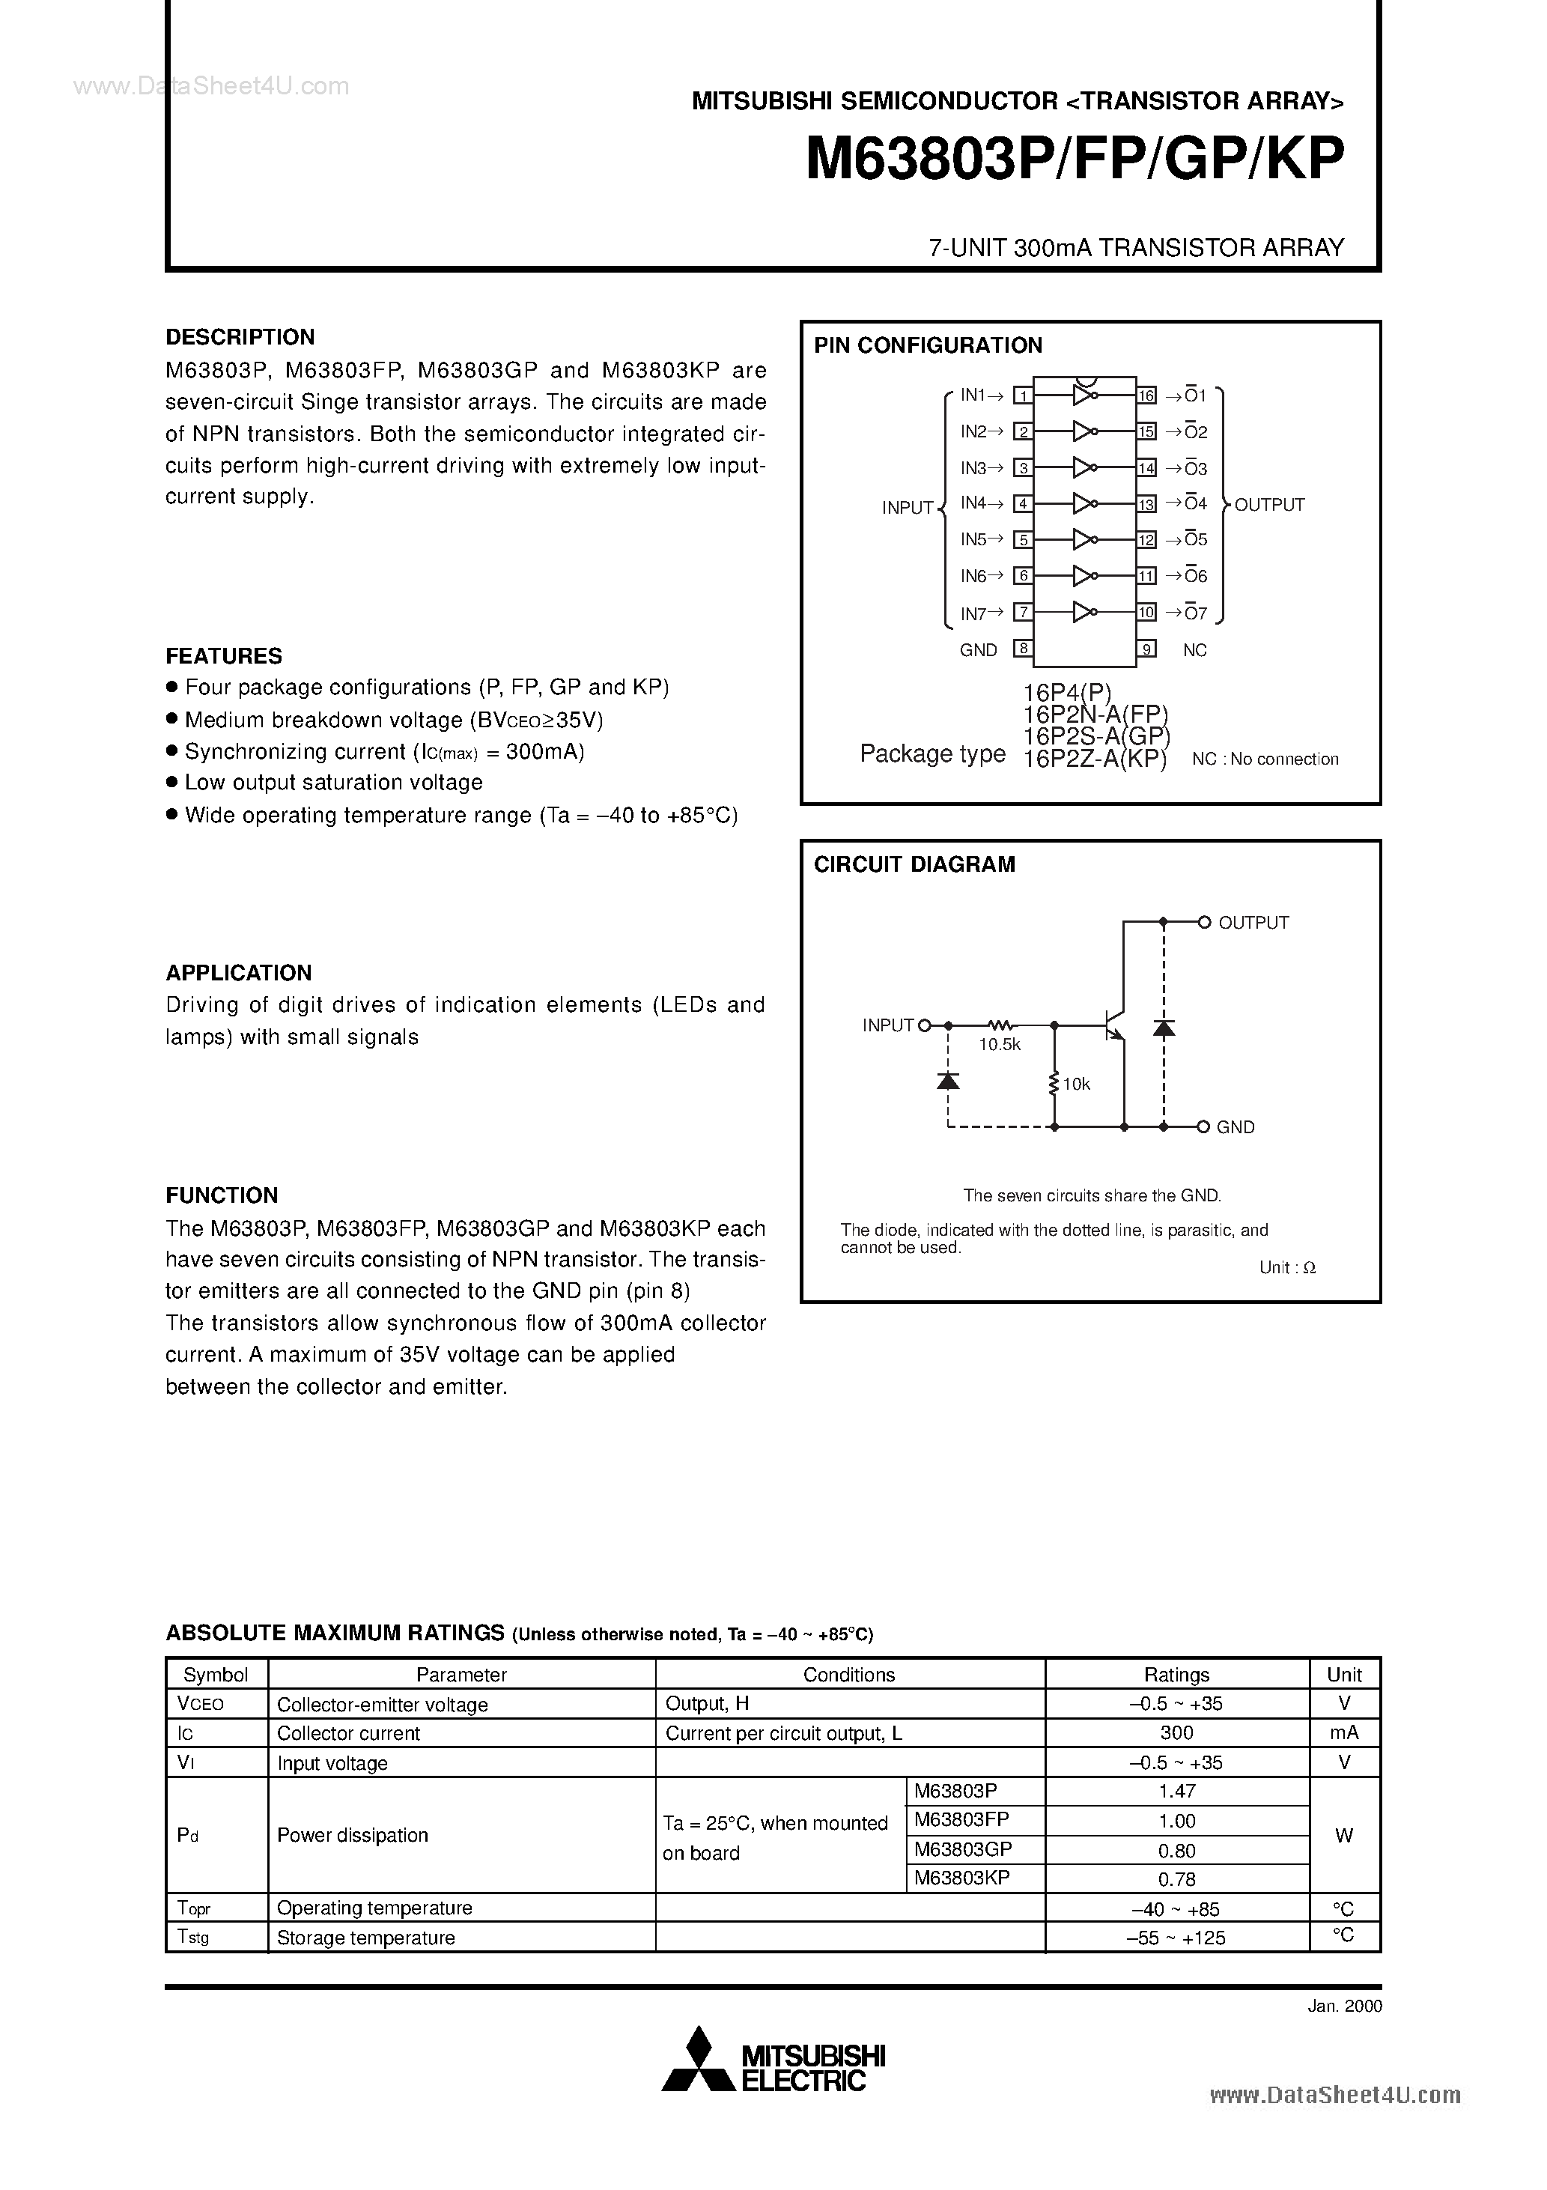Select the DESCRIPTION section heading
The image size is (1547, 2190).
click(x=240, y=337)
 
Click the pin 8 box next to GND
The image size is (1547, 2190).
click(x=1022, y=649)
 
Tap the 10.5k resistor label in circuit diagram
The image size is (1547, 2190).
click(x=999, y=1045)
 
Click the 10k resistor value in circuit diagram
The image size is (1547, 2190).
click(x=1076, y=1085)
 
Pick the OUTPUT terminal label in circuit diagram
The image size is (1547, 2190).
click(x=1253, y=922)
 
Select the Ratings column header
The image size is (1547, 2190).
click(x=1176, y=1675)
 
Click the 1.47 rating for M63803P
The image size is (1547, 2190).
click(x=1176, y=1792)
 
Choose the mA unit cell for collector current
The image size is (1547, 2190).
click(x=1344, y=1733)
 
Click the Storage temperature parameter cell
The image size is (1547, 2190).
click(x=365, y=1938)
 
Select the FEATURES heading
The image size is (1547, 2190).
click(x=223, y=655)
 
